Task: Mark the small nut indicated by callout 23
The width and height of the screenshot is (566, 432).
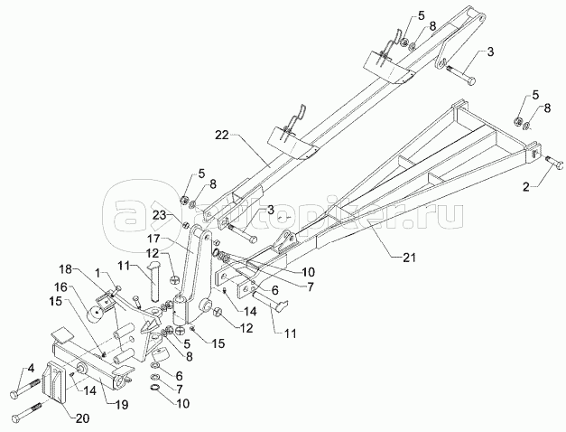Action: [x=185, y=224]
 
